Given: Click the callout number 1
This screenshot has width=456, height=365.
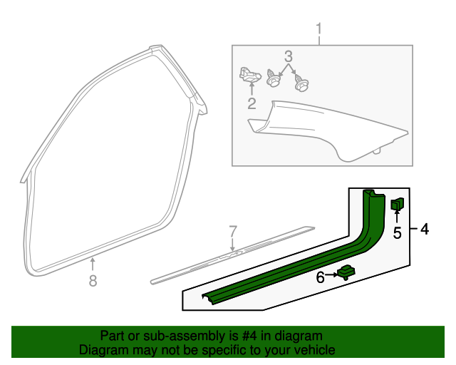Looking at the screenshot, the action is (319, 29).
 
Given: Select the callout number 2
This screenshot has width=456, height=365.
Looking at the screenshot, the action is (252, 103).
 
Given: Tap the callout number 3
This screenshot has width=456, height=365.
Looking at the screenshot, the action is (288, 56).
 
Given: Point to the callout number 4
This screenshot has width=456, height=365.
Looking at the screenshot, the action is (425, 229).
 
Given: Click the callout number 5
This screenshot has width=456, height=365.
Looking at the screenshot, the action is (398, 233).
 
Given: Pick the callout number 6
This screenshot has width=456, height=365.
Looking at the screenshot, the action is (320, 277).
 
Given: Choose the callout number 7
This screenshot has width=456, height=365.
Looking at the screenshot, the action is (233, 232).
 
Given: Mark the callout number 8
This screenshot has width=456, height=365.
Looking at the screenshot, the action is (93, 281).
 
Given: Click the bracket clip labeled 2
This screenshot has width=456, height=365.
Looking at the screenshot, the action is (250, 75).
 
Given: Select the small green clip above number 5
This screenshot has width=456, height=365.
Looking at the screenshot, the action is (398, 204).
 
